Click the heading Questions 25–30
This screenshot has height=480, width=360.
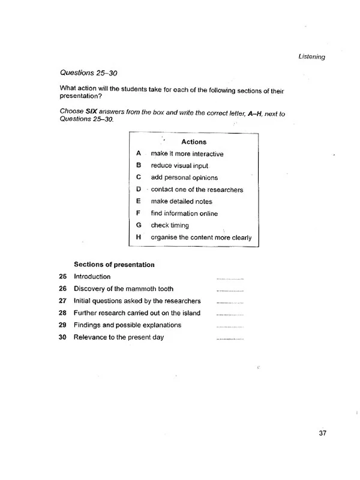click(x=89, y=73)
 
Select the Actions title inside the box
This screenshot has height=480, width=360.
click(x=193, y=142)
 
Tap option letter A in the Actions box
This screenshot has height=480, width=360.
click(x=138, y=154)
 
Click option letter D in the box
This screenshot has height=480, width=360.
click(x=138, y=190)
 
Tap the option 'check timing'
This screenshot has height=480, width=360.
click(x=170, y=226)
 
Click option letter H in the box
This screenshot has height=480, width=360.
click(x=138, y=238)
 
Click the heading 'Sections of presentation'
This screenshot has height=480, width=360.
click(x=114, y=265)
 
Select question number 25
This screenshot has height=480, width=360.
click(x=63, y=277)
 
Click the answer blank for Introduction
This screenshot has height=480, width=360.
click(x=230, y=279)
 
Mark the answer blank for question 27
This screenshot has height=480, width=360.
click(x=230, y=303)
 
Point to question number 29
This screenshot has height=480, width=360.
click(x=63, y=325)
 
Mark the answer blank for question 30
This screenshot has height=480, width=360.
click(x=230, y=340)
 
